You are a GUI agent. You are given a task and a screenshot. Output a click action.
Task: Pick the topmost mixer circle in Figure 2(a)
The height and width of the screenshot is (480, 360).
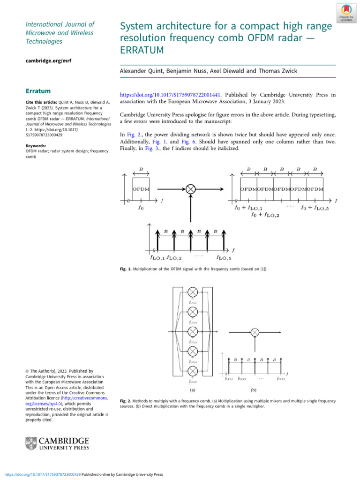(x=192, y=292)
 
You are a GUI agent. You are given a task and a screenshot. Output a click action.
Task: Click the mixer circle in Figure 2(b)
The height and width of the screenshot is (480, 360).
(x=254, y=332)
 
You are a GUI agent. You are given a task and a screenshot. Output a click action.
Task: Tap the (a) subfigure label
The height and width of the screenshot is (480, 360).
(x=192, y=390)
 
